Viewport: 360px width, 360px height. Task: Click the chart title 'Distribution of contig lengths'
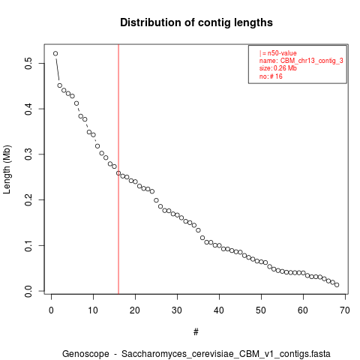196,22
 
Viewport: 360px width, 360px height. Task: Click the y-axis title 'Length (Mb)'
7,169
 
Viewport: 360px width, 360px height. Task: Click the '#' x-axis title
196,332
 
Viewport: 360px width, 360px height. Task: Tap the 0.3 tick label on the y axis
28,154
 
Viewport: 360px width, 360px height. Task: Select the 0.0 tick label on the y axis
28,291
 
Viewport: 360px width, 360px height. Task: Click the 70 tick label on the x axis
345,310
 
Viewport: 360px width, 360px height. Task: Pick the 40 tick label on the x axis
219,310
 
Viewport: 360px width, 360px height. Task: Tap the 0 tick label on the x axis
51,310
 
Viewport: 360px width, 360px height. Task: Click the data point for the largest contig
55,53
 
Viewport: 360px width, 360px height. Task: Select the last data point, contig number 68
337,285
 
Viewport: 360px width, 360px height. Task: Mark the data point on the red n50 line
118,173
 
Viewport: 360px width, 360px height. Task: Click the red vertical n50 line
118,169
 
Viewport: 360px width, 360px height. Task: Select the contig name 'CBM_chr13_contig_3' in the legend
312,61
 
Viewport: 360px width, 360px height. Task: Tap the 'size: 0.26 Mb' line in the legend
278,68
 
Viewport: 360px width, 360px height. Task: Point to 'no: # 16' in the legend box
271,76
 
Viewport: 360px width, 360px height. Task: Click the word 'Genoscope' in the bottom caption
85,354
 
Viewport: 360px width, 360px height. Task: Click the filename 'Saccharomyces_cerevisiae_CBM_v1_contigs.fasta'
226,354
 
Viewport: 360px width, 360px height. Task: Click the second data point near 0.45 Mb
60,85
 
